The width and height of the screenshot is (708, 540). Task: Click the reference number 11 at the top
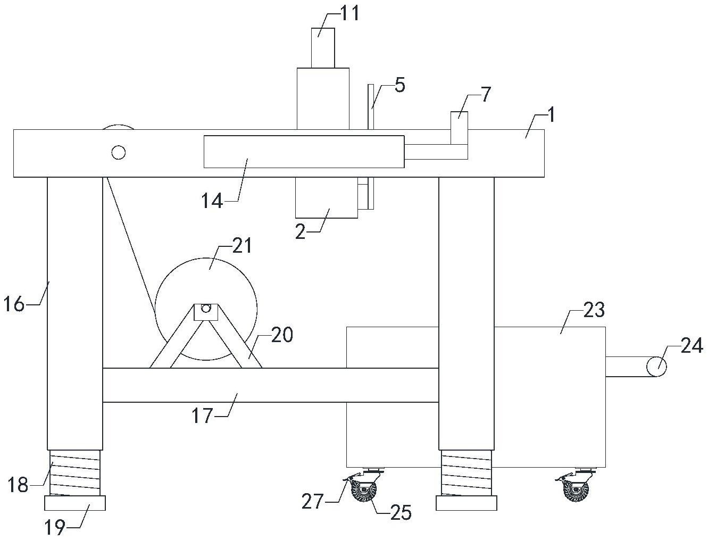click(350, 14)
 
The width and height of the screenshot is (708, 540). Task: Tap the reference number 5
click(399, 85)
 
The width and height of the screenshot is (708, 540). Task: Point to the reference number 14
click(212, 201)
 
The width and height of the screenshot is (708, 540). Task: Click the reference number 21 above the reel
click(241, 246)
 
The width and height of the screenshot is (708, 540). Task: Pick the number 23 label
click(594, 309)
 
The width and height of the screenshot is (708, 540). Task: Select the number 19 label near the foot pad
click(55, 528)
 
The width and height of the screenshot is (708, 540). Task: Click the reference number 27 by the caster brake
click(312, 501)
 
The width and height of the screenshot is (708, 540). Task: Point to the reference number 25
click(401, 512)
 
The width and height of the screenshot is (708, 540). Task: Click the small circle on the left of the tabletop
click(119, 152)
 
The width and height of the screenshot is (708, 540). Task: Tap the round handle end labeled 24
click(657, 366)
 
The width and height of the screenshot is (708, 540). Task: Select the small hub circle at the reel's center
click(205, 309)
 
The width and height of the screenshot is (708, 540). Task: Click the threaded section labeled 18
click(75, 473)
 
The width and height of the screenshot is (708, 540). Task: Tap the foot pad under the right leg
click(466, 503)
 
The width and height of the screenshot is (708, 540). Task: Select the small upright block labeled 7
click(459, 128)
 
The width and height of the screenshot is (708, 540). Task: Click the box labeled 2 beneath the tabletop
click(327, 197)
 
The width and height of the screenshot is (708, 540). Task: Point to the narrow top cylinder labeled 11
click(323, 48)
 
